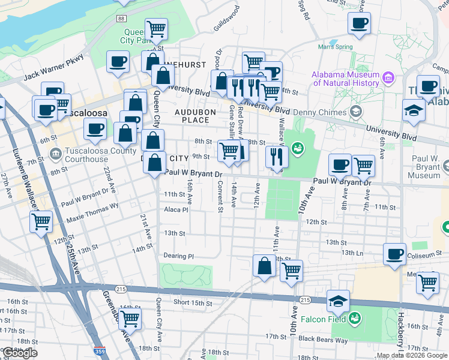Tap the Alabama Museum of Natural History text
click(345, 79)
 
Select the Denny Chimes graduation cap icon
click(356, 112)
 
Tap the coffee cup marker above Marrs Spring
click(359, 24)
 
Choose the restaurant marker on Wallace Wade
click(277, 157)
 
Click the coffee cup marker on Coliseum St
click(394, 253)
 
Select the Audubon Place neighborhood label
click(192, 116)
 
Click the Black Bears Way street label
click(323, 340)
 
